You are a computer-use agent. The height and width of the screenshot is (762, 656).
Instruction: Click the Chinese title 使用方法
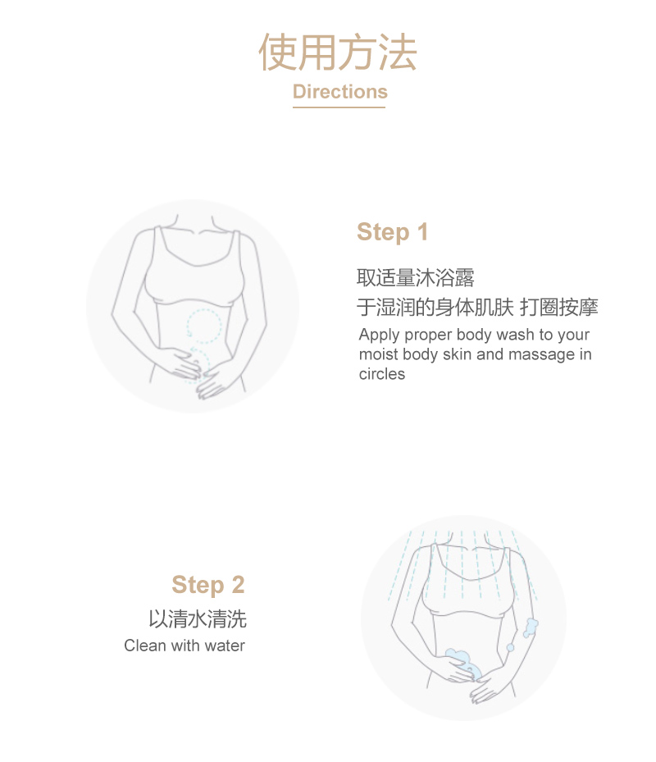coord(338,52)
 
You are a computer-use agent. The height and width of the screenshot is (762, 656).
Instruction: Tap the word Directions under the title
coord(340,91)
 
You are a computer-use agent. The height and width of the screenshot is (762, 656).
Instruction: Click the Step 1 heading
coord(393,232)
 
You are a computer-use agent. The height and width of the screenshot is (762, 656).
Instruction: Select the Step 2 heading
coord(208,585)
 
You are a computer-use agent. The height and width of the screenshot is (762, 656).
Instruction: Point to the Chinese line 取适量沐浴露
coord(416,277)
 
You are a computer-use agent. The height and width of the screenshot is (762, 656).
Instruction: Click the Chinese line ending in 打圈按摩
coord(478,307)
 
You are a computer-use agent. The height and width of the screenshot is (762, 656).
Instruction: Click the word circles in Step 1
coord(382,374)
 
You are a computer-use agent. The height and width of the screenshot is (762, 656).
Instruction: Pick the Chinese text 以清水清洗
coord(198,619)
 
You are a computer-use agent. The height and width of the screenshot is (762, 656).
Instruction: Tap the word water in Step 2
coord(225,646)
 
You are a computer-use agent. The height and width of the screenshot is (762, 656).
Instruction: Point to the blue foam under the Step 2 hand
coord(463,664)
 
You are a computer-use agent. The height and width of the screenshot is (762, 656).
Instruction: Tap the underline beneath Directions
coord(339,107)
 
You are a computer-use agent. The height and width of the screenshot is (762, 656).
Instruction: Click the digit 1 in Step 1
coord(423,232)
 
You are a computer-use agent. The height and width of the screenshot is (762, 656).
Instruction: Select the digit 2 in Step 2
coord(238,585)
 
